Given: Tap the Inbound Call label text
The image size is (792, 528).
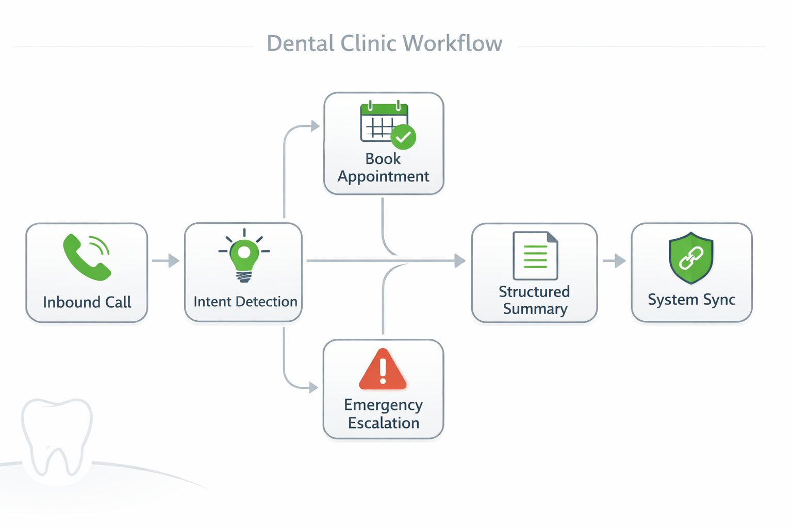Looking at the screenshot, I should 87,302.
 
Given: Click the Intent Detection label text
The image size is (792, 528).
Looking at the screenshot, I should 245,302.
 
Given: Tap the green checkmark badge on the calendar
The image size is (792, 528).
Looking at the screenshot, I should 403,137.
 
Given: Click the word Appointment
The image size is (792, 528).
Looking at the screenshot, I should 383,177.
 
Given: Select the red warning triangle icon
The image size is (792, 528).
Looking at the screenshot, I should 383,370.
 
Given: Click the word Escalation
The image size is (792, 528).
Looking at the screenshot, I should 383,423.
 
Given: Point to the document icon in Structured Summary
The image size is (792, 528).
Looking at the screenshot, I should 535,256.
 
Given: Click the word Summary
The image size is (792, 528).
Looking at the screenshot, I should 535,309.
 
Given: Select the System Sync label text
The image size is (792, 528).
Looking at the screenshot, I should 691,300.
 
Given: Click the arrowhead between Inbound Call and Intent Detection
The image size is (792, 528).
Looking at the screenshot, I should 174,261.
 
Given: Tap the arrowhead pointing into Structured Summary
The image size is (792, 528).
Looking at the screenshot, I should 459,261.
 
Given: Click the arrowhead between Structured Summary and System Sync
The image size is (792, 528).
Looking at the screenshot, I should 620,261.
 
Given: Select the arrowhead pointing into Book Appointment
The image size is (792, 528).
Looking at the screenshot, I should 315,126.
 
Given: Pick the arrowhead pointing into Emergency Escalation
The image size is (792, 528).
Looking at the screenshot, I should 313,388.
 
